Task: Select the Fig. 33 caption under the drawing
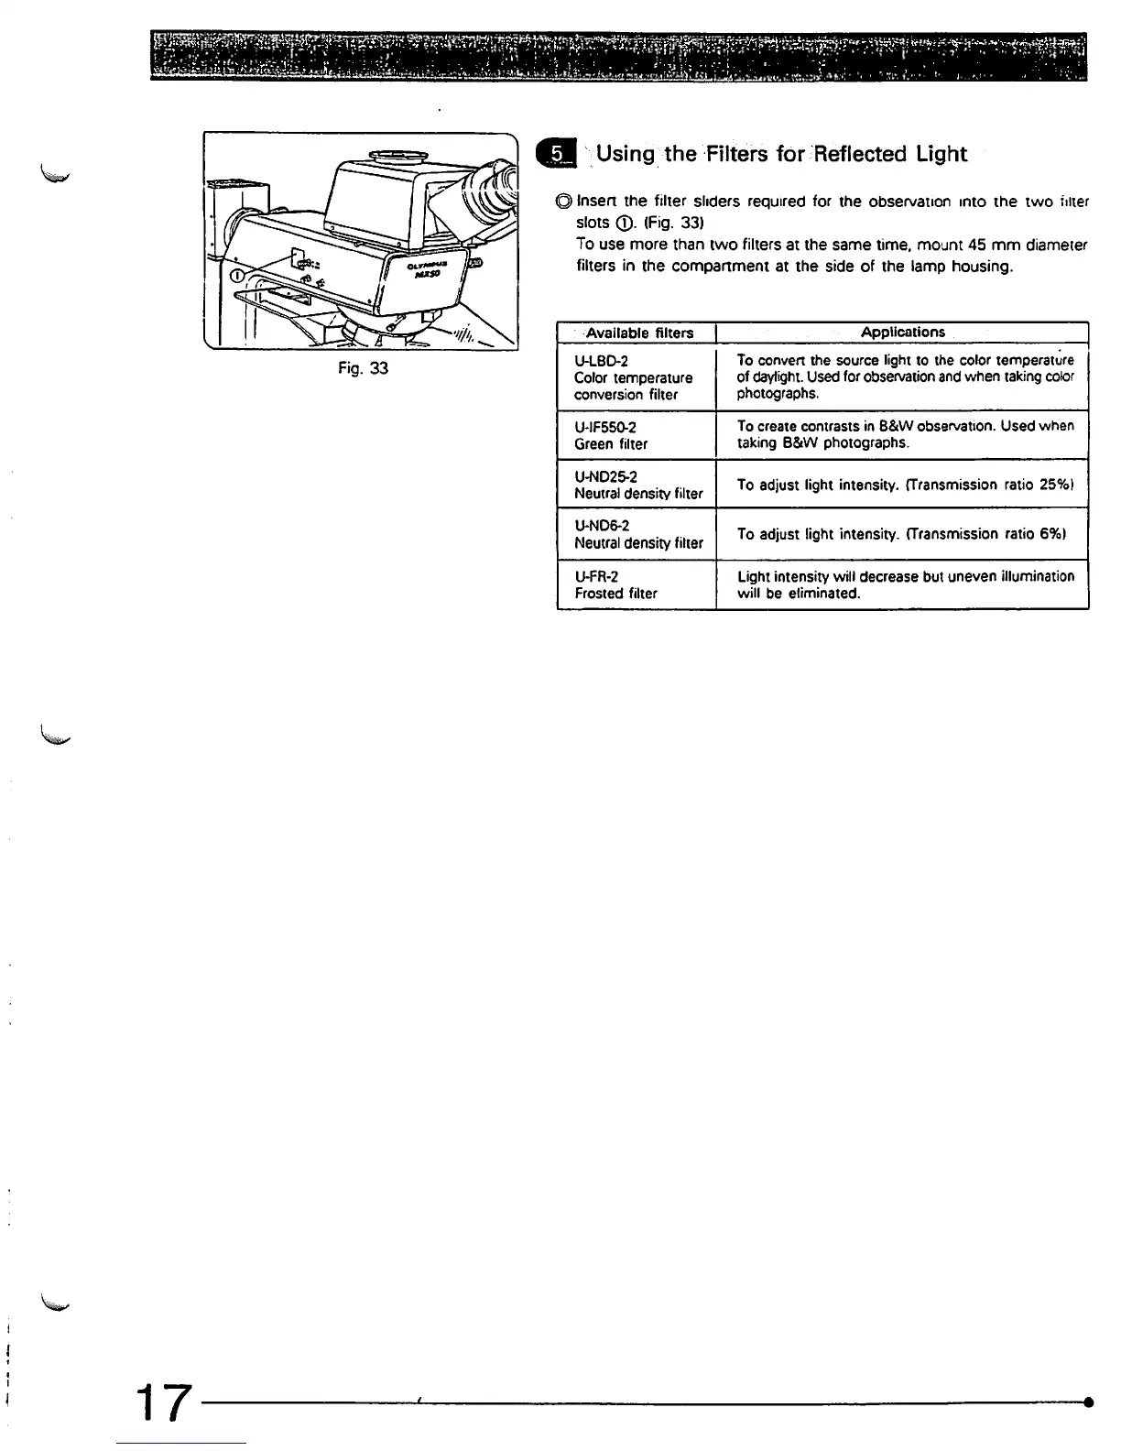click(x=362, y=369)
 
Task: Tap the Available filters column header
click(x=639, y=333)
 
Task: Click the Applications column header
click(x=903, y=333)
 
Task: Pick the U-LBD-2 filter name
click(x=601, y=362)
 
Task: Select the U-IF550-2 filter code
click(x=605, y=428)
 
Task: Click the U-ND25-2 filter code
click(x=605, y=477)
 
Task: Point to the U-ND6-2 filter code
click(x=602, y=527)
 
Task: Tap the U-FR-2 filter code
click(x=596, y=577)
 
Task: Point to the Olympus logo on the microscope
click(x=428, y=264)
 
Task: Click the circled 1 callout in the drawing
click(x=235, y=276)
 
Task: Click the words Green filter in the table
click(x=611, y=444)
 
